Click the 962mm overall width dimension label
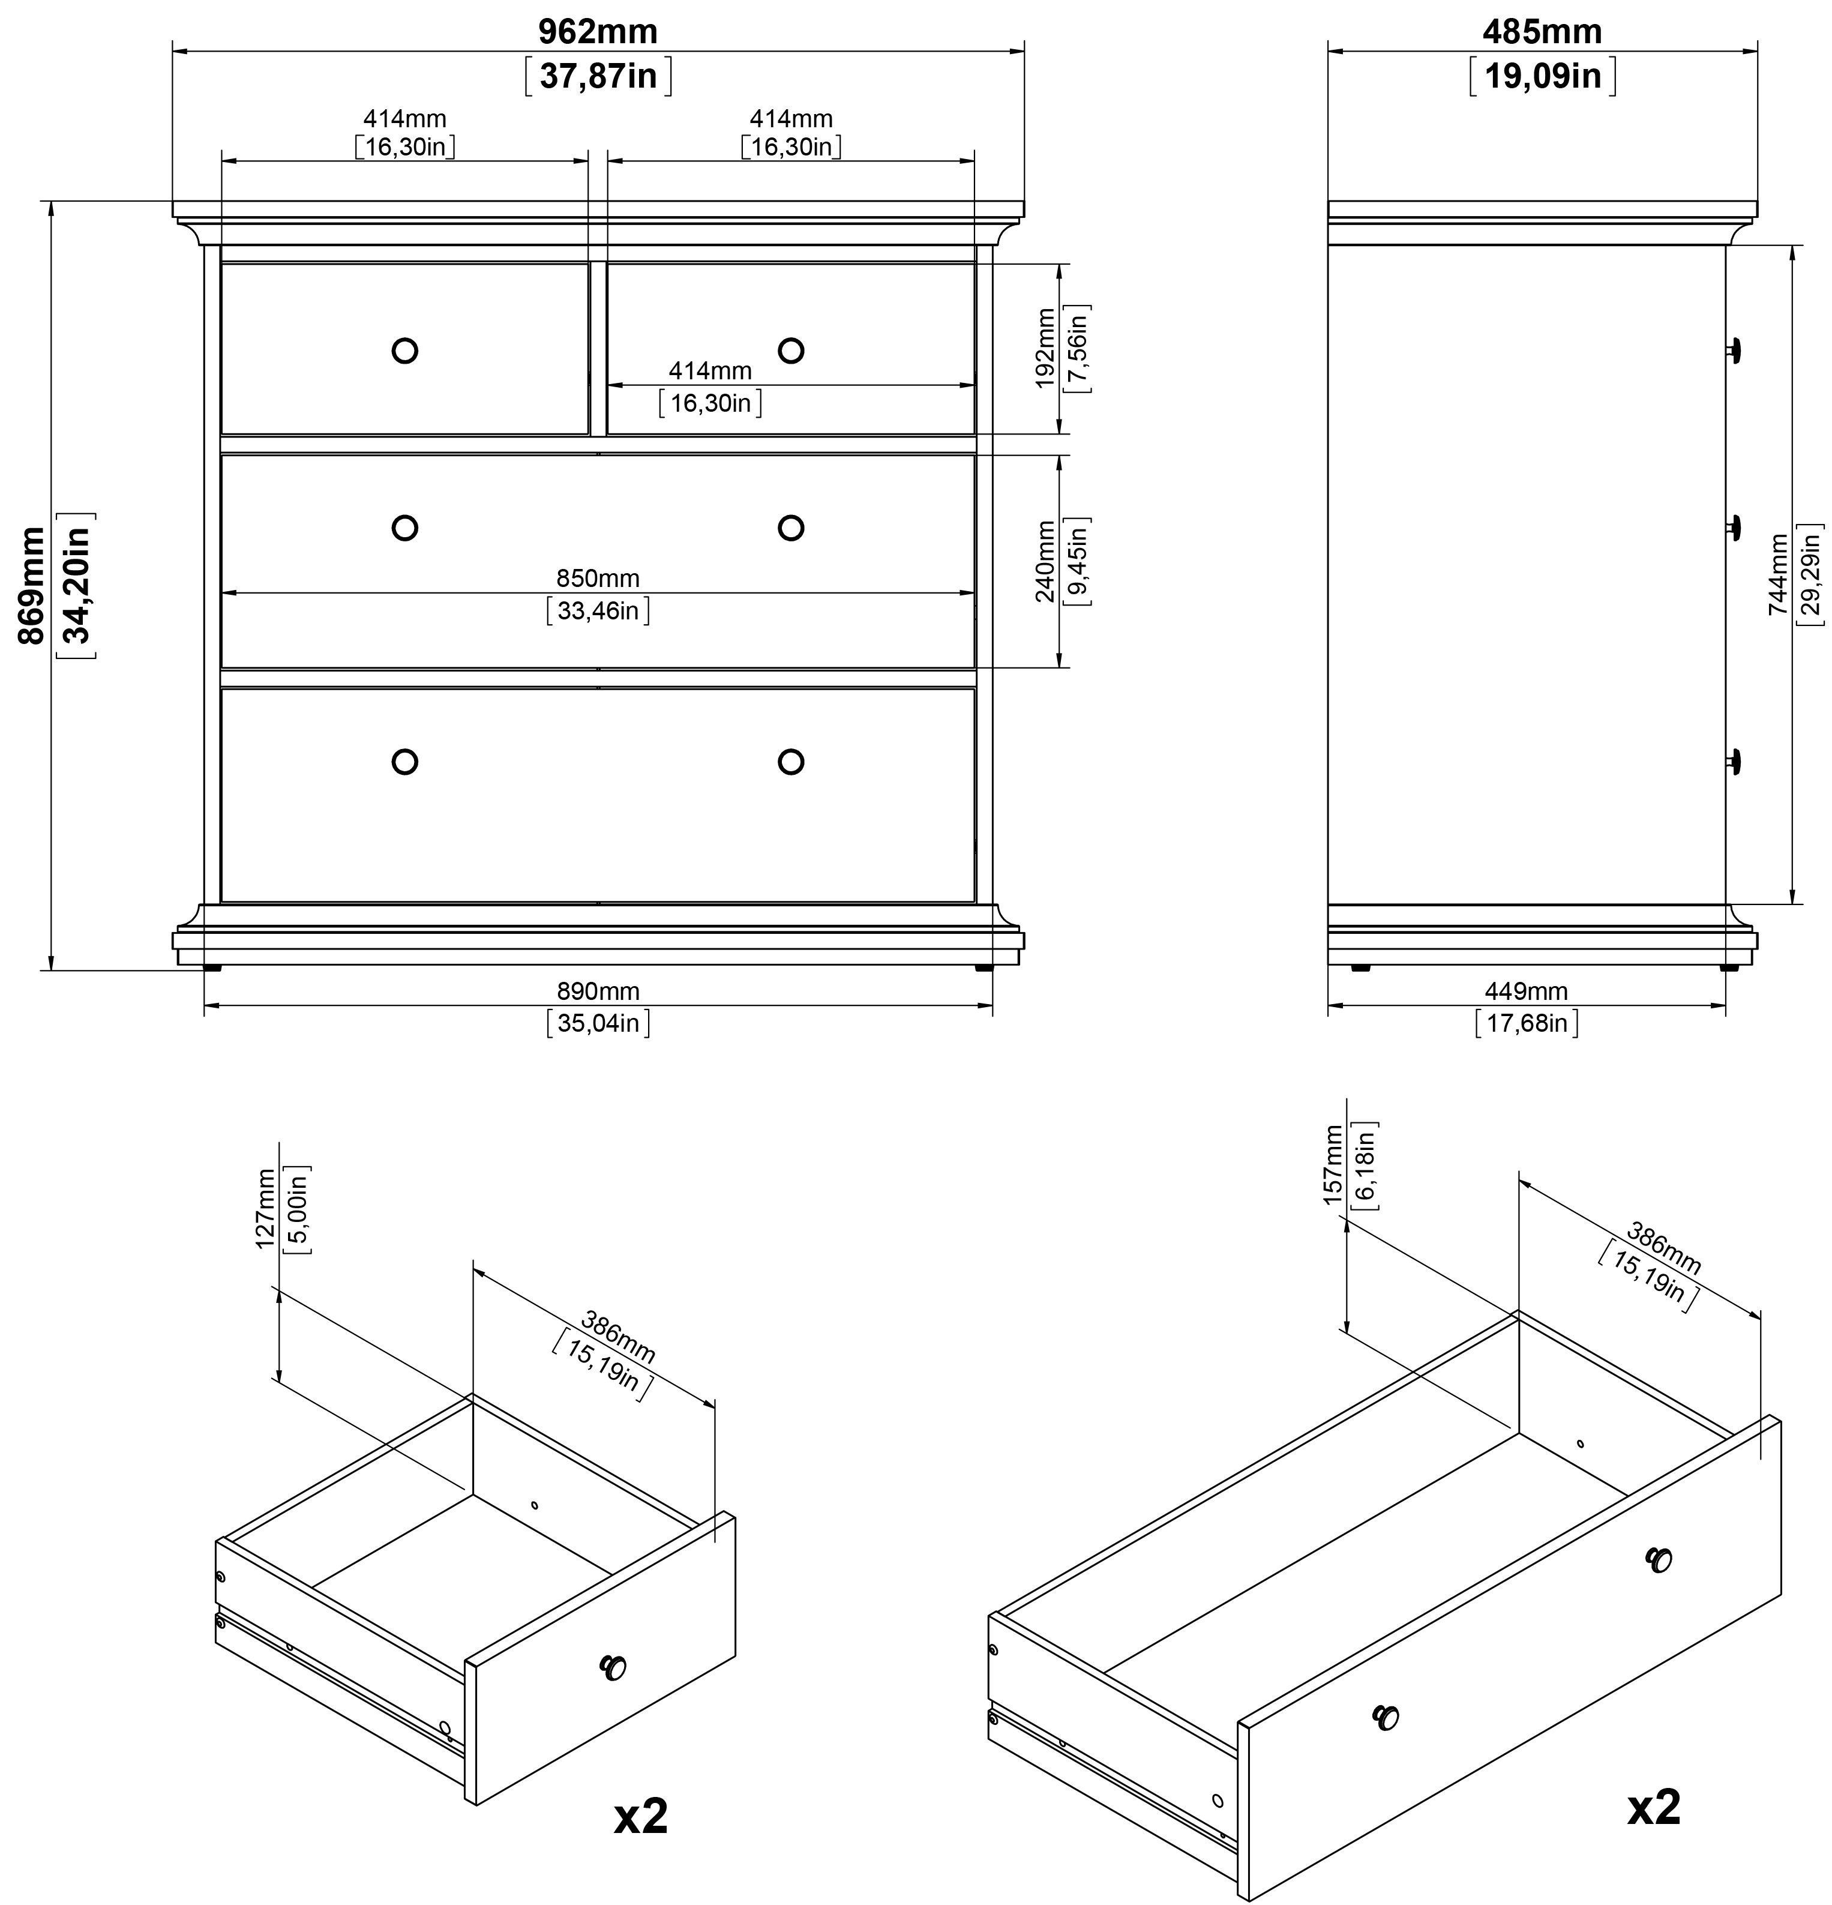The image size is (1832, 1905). click(598, 32)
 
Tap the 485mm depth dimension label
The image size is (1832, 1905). click(1542, 32)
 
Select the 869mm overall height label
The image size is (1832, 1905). click(32, 585)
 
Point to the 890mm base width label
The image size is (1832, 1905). click(598, 992)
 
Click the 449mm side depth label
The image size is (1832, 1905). click(1526, 992)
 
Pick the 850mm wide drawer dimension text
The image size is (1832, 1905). click(598, 579)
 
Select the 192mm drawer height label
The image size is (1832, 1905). click(1045, 348)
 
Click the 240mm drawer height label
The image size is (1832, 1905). click(1045, 562)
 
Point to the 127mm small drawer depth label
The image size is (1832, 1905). click(265, 1209)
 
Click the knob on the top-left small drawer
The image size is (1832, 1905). click(404, 351)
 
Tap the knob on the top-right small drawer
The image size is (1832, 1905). click(791, 351)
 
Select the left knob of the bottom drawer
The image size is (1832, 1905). click(404, 762)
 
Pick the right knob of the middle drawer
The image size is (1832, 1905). click(791, 528)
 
